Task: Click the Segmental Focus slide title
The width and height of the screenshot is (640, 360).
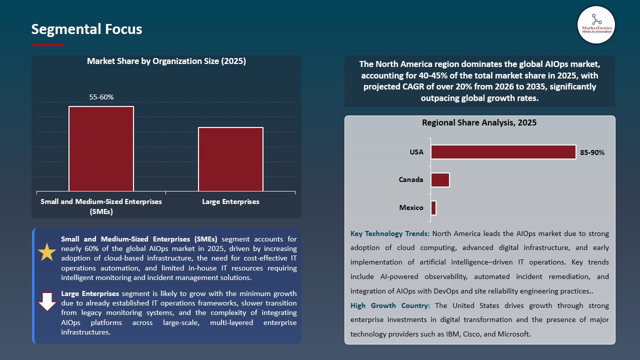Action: tap(86, 29)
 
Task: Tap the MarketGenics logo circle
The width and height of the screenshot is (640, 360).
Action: tap(596, 25)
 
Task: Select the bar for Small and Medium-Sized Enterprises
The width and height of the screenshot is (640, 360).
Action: tap(101, 148)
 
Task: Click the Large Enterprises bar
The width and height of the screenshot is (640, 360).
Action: tap(230, 159)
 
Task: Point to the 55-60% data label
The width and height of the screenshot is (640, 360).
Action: tap(101, 97)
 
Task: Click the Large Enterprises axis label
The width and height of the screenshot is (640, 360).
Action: tap(230, 201)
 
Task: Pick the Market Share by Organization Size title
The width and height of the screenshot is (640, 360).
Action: tap(166, 61)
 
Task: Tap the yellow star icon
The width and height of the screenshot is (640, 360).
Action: tap(47, 252)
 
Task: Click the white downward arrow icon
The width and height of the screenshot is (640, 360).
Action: tap(47, 301)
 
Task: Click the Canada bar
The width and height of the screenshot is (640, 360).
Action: tap(440, 180)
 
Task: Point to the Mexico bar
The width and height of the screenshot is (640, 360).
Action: tap(433, 208)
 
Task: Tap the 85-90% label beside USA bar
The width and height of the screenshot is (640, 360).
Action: tap(592, 152)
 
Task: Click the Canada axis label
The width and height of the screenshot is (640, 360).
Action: tap(411, 179)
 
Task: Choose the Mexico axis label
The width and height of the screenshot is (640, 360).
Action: tap(411, 207)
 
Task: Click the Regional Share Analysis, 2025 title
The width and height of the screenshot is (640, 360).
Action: tap(479, 122)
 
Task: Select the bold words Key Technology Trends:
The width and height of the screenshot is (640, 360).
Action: tap(389, 233)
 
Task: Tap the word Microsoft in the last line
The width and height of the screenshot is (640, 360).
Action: tap(513, 334)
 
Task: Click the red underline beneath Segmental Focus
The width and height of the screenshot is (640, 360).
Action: tap(47, 45)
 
